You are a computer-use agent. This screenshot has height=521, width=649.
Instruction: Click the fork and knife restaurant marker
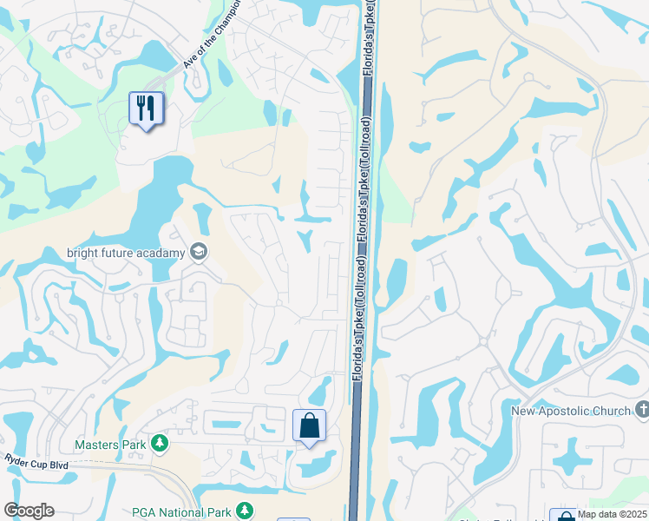[146, 109]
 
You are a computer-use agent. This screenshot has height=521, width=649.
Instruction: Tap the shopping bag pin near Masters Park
[309, 425]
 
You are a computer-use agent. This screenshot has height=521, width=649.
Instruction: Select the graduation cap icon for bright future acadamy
[199, 253]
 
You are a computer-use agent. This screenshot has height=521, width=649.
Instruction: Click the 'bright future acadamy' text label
[127, 254]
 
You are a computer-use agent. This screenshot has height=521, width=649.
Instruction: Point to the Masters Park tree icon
[160, 445]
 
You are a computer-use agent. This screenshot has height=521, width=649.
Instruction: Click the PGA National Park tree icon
[246, 511]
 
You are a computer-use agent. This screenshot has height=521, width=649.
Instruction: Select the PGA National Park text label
[183, 512]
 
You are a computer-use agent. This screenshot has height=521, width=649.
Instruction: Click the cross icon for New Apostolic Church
[642, 409]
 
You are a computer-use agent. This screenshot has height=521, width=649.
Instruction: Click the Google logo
[29, 511]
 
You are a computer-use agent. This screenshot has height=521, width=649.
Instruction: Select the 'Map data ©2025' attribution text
[611, 514]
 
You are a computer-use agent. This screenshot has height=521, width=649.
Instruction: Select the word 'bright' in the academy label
[84, 254]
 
